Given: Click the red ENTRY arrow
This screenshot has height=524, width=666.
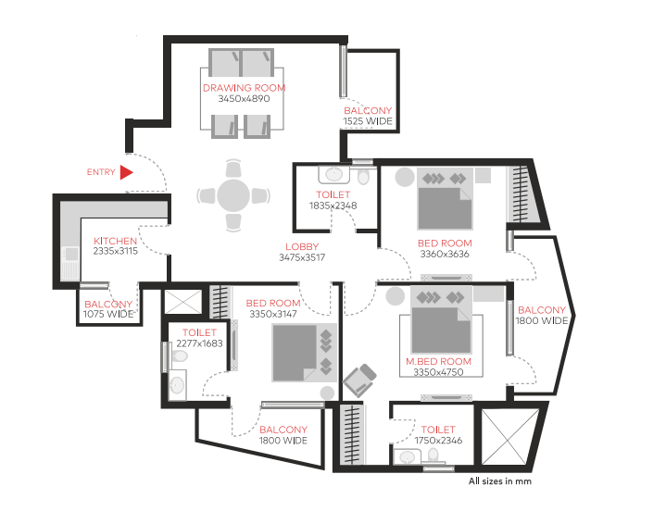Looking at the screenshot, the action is coord(127,172).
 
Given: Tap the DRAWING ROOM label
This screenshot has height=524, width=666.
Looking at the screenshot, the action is coord(244,88).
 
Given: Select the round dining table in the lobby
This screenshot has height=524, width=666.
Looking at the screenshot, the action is coord(233,195).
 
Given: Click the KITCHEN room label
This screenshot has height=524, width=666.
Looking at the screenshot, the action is coord(115,241).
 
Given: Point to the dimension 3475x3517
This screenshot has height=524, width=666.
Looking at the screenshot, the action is coord(302,257).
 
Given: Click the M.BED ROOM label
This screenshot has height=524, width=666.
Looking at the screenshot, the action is coord(438,361).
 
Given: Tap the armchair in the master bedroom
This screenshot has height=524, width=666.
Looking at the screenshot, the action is coord(359,380).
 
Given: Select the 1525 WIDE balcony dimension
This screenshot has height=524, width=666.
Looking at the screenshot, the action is coord(368,121).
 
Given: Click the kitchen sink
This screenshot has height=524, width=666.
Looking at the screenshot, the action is coord(70,255).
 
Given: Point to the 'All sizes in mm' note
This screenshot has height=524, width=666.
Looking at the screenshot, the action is coord(500,481).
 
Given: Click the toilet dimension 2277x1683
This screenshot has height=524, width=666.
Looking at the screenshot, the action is coord(200,343).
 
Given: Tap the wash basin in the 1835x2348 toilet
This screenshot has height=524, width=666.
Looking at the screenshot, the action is coord(334,174).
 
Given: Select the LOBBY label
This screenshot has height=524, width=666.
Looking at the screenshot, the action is coord(302,246).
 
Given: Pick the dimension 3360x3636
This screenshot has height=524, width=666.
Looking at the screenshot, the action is coord(445,254).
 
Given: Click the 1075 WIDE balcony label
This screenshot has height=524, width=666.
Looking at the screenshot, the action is coord(108,314).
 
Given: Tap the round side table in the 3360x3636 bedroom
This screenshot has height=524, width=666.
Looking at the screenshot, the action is coord(405,177).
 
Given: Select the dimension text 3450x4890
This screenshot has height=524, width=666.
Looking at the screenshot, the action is coord(244,98).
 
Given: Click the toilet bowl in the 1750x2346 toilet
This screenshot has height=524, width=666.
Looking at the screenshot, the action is coord(434,455).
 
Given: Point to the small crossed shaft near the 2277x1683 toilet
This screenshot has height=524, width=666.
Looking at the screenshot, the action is coord(183,302).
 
